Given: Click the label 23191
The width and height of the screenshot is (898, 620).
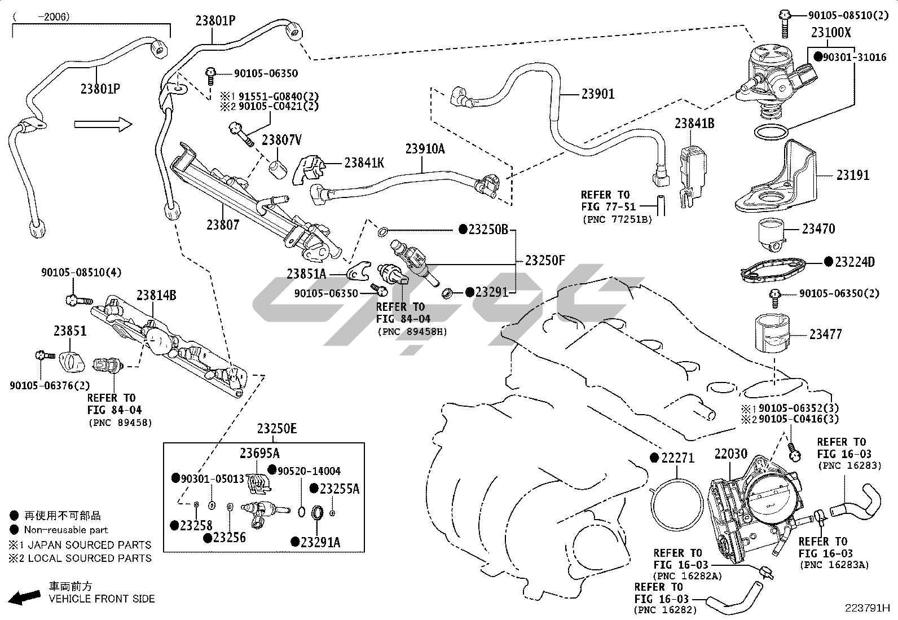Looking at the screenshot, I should coord(852,175).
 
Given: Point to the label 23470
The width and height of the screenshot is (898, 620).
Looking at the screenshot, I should coord(818,229).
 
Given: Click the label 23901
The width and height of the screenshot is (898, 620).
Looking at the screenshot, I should coord(598,94).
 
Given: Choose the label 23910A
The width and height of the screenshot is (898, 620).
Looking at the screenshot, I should coord(425,149).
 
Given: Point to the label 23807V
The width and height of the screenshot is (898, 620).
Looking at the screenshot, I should coord(281,140).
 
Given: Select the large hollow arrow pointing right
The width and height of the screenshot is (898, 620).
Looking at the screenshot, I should coord(103,124).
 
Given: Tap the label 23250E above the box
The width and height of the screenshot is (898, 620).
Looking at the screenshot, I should coord(276,429).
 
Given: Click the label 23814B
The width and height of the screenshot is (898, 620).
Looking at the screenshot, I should coord(156,296).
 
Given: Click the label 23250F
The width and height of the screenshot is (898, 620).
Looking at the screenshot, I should coord(544,261).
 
